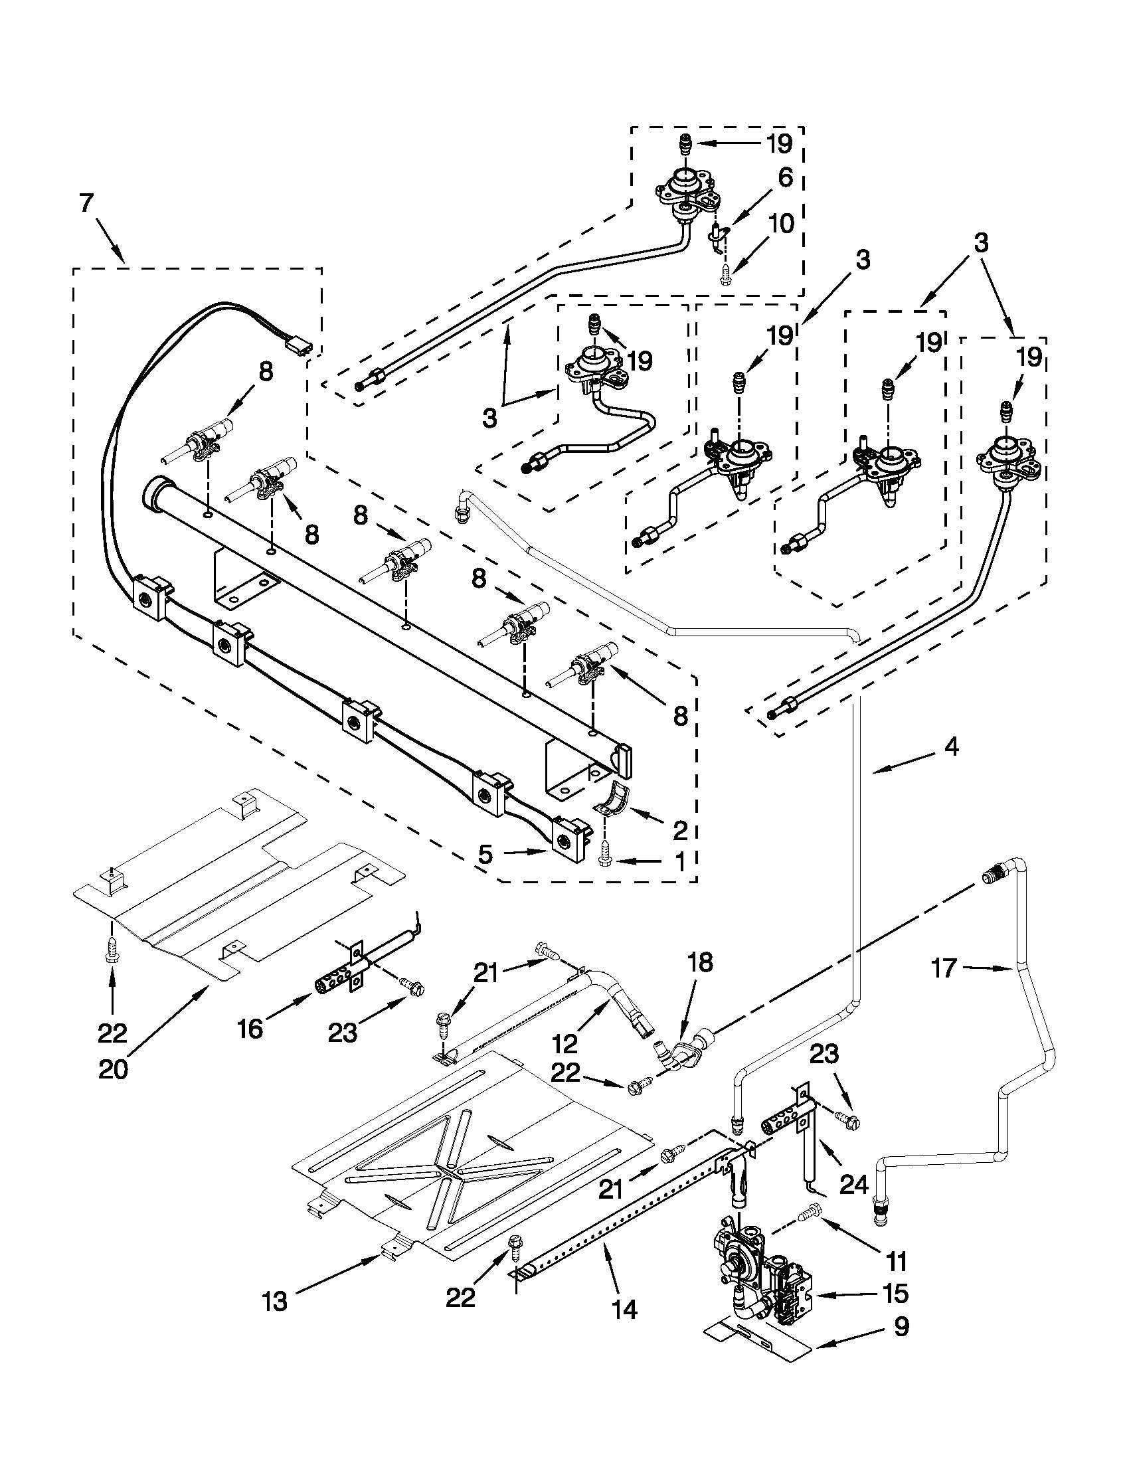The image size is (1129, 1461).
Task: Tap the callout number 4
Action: point(951,746)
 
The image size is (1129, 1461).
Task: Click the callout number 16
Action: point(250,1029)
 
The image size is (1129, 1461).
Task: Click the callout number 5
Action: point(485,854)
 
